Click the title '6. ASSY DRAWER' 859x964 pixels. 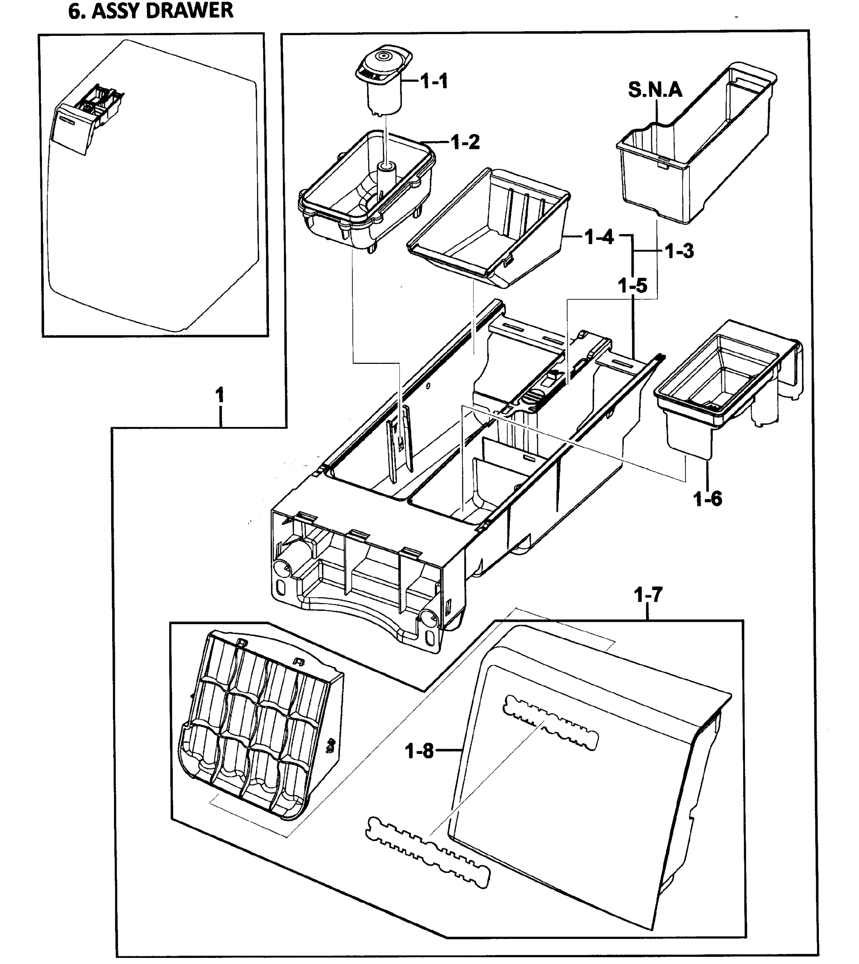(151, 10)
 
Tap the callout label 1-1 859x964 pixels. (434, 82)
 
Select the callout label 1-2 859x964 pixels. (465, 142)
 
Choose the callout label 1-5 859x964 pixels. (632, 286)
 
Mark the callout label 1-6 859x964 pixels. (708, 499)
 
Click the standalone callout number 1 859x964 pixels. (219, 395)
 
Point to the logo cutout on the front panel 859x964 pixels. (550, 723)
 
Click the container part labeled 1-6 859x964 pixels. (718, 387)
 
